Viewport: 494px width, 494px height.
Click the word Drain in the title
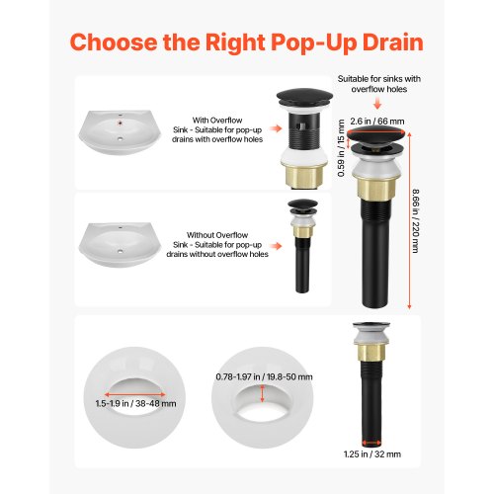392,42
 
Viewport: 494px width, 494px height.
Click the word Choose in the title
114,42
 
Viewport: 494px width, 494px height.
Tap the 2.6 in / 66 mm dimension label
377,122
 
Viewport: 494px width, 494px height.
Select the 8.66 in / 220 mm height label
416,220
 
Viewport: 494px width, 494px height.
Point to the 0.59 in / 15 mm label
341,148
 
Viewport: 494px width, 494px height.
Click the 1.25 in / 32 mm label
372,454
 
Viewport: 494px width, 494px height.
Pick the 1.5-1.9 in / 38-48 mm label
135,403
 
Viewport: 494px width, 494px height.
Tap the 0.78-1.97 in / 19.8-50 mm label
264,376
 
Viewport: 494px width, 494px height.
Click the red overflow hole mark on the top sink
121,123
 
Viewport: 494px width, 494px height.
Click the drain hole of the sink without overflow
121,252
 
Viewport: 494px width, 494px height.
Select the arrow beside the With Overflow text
276,128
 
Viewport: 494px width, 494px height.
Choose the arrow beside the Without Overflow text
276,246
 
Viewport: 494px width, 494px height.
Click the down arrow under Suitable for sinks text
377,105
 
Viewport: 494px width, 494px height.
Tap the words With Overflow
217,121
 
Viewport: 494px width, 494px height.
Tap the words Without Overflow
217,235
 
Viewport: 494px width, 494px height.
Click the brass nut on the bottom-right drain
371,352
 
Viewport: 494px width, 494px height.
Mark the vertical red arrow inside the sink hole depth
262,393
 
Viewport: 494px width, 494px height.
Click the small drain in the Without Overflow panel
302,246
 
